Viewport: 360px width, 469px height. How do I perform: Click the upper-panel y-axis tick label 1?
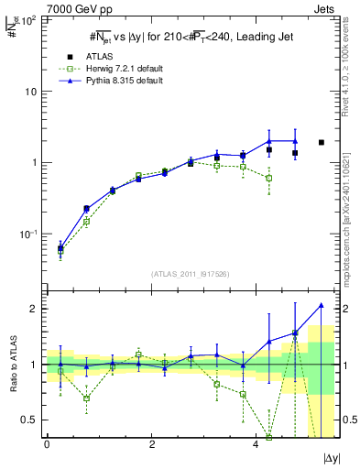[x=35, y=163]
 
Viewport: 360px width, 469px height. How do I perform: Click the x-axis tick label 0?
[x=47, y=443]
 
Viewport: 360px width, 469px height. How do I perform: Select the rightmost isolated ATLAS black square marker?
[x=322, y=142]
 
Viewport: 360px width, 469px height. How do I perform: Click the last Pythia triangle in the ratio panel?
[x=322, y=305]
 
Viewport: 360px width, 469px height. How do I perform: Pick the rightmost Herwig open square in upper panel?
[x=269, y=178]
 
